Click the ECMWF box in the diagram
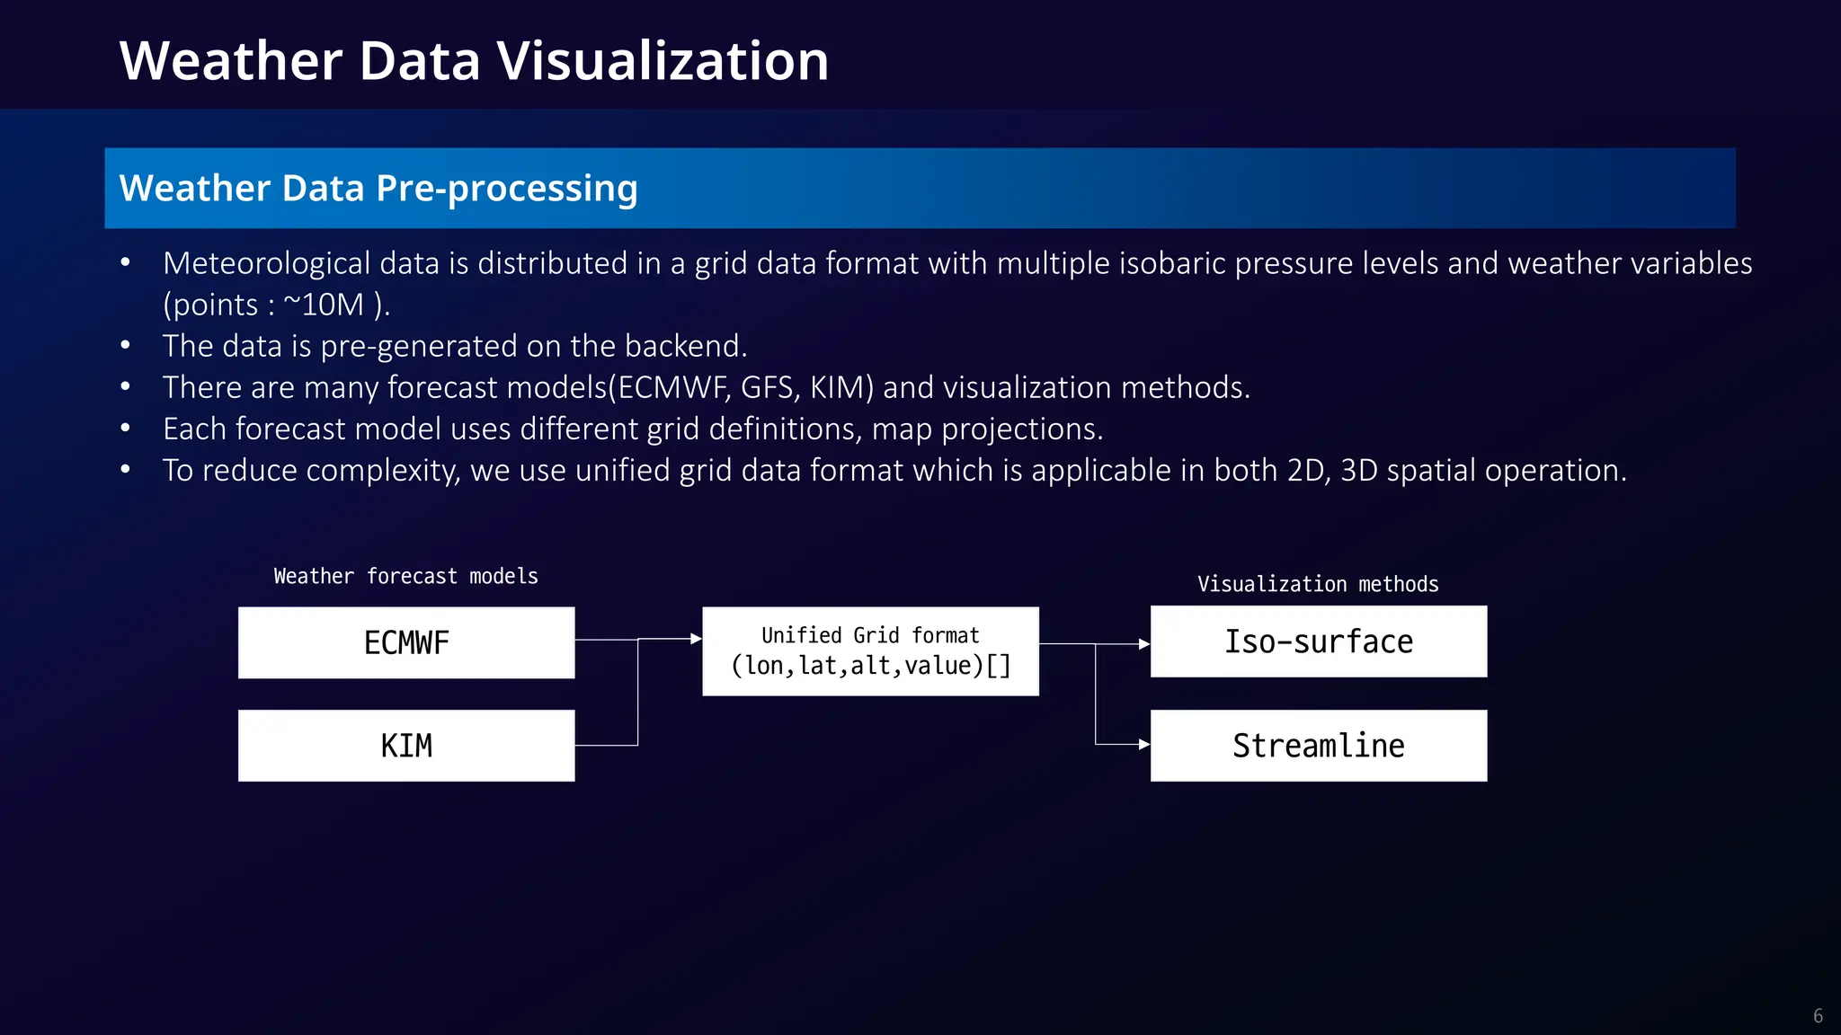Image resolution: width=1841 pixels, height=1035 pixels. (406, 642)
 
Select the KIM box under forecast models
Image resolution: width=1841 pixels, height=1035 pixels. (406, 746)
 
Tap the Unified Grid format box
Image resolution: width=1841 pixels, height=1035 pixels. (870, 651)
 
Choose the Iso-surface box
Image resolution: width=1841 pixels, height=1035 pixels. (1319, 641)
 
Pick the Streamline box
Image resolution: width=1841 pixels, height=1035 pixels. (1319, 746)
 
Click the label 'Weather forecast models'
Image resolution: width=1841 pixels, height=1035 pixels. (406, 576)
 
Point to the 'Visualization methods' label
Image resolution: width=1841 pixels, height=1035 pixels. (1318, 584)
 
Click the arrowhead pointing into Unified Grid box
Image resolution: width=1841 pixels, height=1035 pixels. (696, 639)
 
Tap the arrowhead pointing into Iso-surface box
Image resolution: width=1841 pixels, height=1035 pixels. (1144, 644)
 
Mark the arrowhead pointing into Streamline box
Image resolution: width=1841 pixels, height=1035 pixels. (1144, 745)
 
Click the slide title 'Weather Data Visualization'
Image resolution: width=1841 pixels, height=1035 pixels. (474, 61)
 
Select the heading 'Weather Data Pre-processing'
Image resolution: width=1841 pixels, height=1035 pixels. (378, 188)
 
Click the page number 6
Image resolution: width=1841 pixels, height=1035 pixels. (1818, 1016)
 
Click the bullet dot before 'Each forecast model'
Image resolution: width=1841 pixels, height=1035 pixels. (126, 429)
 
